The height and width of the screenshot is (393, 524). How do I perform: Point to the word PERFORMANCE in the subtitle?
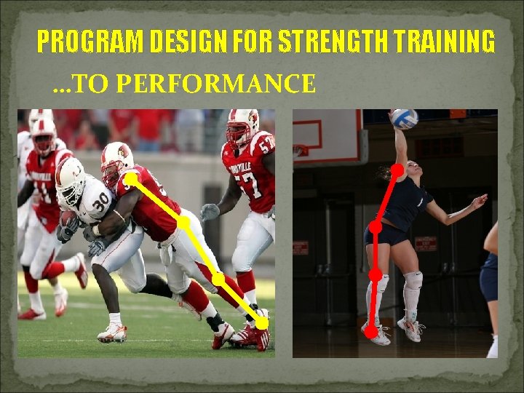(215, 84)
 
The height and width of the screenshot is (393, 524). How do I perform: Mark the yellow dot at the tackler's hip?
(185, 223)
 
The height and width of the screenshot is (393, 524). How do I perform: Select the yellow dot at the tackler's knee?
(218, 278)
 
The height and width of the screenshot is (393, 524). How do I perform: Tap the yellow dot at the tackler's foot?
(261, 323)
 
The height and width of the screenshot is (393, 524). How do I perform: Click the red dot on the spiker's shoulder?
(398, 170)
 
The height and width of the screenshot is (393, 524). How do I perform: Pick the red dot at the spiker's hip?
(376, 228)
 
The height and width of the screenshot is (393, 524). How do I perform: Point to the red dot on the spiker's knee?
(376, 275)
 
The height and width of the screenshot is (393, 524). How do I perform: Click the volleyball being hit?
(405, 119)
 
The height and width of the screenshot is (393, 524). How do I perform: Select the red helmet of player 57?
(242, 125)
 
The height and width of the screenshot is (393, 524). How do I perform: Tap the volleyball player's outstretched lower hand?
(480, 200)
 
